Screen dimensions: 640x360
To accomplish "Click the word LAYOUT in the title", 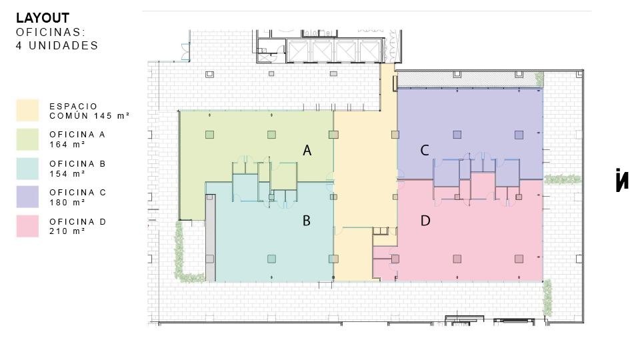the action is pyautogui.click(x=43, y=18).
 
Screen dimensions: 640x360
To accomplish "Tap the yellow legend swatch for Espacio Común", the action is pyautogui.click(x=27, y=110).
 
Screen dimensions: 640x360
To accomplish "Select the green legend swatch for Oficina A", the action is pyautogui.click(x=27, y=139).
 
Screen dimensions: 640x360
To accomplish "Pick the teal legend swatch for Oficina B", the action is pyautogui.click(x=27, y=169).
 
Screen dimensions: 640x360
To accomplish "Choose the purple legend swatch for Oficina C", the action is pyautogui.click(x=27, y=197).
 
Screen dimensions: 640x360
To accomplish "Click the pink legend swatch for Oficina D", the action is pyautogui.click(x=27, y=226).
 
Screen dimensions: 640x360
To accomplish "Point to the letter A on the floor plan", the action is pyautogui.click(x=307, y=151).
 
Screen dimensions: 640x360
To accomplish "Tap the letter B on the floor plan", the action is pyautogui.click(x=307, y=221).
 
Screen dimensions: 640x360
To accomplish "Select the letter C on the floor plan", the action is pyautogui.click(x=425, y=151).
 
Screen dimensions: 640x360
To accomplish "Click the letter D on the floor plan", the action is pyautogui.click(x=425, y=221).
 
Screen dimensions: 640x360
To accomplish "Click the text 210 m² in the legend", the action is pyautogui.click(x=67, y=231).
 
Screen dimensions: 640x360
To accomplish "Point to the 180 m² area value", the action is pyautogui.click(x=67, y=202).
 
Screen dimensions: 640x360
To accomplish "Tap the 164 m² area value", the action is pyautogui.click(x=67, y=144).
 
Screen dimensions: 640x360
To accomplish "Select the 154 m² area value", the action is pyautogui.click(x=67, y=173).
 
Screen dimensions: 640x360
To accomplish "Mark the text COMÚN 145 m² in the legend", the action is pyautogui.click(x=89, y=116).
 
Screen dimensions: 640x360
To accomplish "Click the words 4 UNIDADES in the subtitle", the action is pyautogui.click(x=57, y=45).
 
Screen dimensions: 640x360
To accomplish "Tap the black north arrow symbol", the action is pyautogui.click(x=622, y=179).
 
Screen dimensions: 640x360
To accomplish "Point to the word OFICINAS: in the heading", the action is pyautogui.click(x=51, y=32).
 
